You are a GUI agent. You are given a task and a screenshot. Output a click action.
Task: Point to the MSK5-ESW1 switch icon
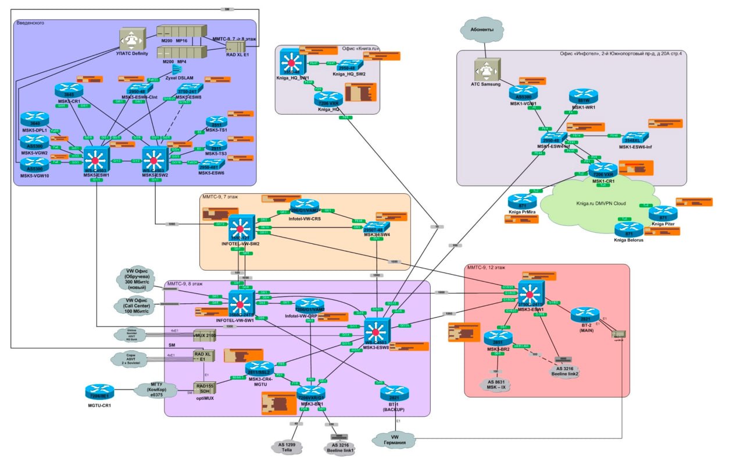point(96,159)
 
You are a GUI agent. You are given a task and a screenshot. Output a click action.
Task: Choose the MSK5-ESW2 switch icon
point(154,159)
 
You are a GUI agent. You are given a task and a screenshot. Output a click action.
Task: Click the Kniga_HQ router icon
point(329,99)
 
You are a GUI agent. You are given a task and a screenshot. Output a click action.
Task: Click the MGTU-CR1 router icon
point(99,391)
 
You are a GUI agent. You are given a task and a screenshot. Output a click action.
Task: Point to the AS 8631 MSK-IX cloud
point(496,385)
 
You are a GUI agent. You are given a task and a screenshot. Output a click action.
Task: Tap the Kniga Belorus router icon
point(629,229)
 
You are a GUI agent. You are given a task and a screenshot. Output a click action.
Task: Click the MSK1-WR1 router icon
point(579,96)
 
